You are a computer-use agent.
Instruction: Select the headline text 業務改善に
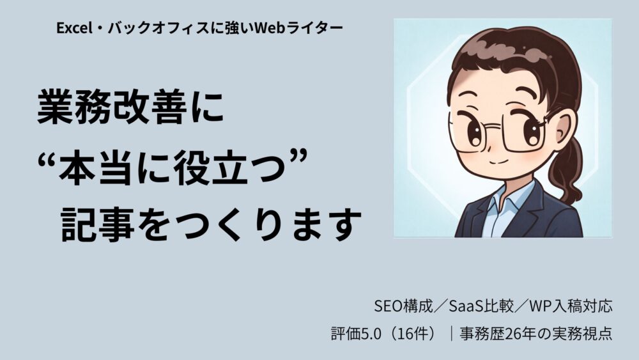130,109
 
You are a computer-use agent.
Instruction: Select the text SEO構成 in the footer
399,306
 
